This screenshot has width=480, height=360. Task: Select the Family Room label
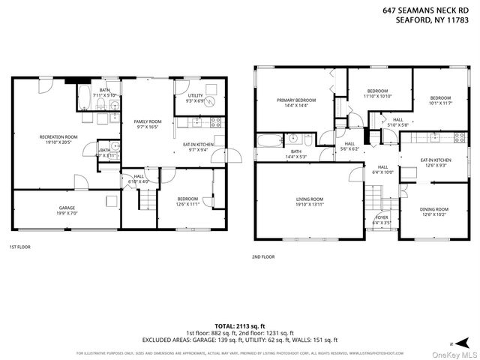click(x=147, y=121)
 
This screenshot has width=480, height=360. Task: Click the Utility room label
click(x=196, y=96)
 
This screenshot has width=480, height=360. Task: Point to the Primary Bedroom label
click(x=295, y=100)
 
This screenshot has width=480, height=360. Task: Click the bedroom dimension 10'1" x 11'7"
click(x=440, y=102)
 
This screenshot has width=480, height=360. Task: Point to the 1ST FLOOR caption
click(x=19, y=247)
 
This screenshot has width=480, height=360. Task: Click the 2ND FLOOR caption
click(x=263, y=256)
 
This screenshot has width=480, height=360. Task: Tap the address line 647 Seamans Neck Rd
click(x=431, y=11)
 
